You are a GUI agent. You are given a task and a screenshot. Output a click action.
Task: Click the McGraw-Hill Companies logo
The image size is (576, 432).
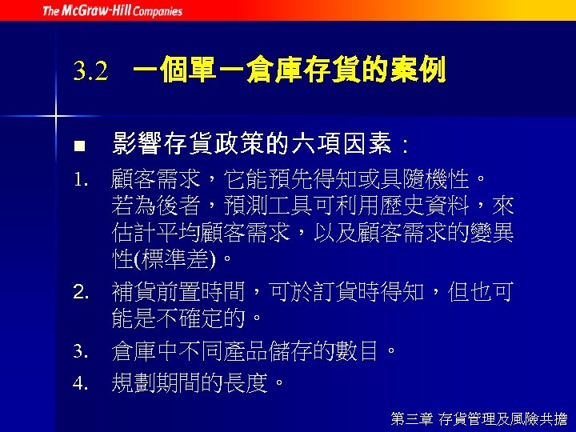point(112,11)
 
